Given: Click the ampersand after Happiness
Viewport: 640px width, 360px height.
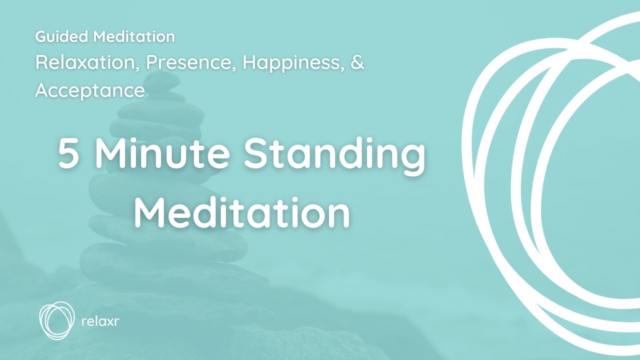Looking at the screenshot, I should (357, 63).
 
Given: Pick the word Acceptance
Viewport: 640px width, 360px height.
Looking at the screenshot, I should (90, 90).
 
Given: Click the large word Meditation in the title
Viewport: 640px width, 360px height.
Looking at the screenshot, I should (242, 210).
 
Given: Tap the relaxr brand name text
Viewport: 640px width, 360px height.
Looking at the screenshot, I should (100, 320).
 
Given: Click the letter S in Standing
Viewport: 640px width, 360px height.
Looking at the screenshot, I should (257, 154).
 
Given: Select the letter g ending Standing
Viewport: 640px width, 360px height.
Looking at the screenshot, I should (410, 159).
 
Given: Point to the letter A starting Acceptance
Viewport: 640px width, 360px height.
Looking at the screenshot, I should (42, 90).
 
